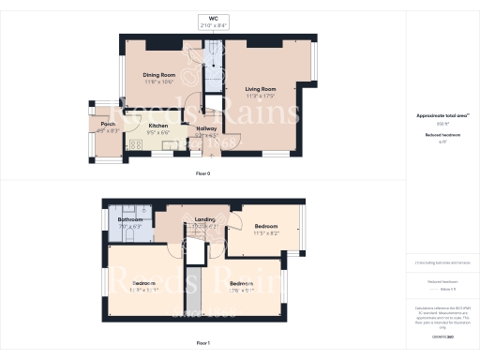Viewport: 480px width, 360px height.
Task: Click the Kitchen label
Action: click(x=158, y=126)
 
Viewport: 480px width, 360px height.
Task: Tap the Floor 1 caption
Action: click(x=202, y=344)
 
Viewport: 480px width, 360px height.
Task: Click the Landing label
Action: click(x=204, y=220)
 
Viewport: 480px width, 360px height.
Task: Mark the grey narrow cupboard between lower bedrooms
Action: click(x=194, y=291)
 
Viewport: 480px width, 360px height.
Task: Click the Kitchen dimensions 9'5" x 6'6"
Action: click(x=158, y=133)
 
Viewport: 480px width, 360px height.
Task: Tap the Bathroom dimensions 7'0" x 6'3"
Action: click(x=129, y=227)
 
